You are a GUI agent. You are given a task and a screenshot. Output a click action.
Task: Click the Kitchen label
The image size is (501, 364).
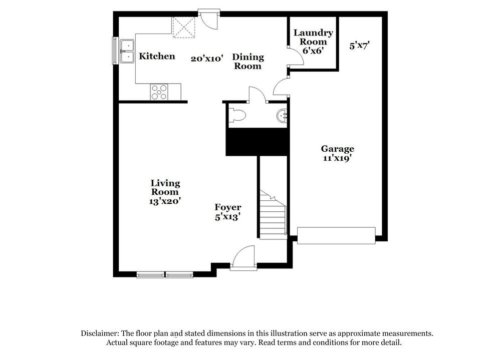157,56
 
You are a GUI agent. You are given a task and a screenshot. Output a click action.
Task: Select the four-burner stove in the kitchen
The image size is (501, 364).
159,92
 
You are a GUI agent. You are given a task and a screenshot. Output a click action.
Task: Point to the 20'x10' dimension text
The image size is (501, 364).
207,59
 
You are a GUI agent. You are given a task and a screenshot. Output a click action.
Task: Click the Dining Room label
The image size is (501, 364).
247,62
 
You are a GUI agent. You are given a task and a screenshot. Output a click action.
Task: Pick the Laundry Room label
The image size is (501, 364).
313,38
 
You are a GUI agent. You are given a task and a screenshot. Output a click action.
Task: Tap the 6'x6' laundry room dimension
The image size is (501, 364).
314,51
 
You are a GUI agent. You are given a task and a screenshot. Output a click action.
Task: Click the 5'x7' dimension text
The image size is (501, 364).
360,46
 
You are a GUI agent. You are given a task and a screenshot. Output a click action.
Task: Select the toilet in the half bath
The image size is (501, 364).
239,116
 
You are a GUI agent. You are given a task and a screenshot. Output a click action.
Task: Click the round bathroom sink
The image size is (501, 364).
283,116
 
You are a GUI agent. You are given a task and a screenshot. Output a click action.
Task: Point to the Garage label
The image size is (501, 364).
338,149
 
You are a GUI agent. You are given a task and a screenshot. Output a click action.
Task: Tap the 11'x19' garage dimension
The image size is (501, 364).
338,158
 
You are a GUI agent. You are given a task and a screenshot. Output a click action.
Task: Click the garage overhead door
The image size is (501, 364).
336,235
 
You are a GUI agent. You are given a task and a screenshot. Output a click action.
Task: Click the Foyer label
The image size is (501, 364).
228,207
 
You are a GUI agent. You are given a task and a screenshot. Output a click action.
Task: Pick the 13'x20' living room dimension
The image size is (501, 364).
165,201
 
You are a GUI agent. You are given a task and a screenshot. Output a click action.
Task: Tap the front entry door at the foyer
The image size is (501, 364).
243,258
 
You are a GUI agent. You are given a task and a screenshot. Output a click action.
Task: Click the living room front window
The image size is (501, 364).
165,274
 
